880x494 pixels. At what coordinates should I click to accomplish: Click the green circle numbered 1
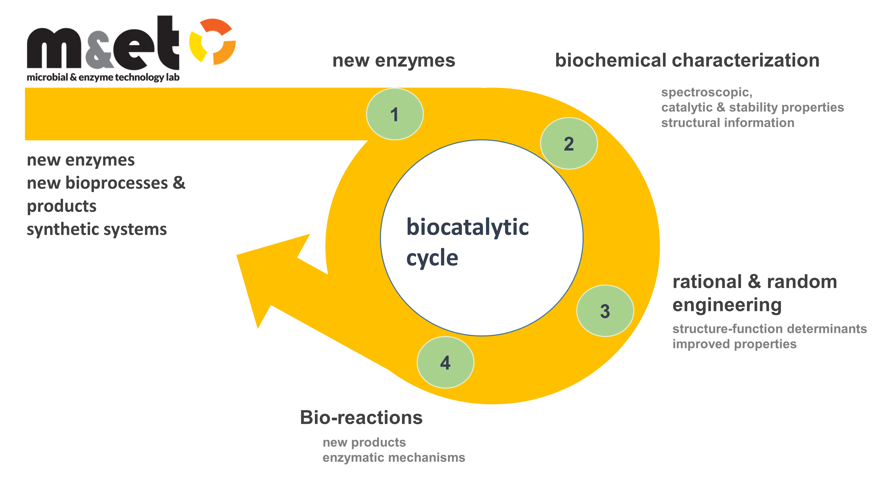coord(395,114)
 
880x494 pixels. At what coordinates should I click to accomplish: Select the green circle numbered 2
coord(569,143)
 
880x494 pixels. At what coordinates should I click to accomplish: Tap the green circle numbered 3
coord(605,311)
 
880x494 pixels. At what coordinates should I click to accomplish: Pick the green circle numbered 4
coord(445,362)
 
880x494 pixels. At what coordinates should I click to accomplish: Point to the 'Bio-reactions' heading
coord(361,417)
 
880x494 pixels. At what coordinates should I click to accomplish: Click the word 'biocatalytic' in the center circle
coord(467,227)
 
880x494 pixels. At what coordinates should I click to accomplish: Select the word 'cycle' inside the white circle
coord(432,258)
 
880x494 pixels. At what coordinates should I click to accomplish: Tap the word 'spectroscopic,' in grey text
coord(707,92)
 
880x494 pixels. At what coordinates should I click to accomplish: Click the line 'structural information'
coord(728,123)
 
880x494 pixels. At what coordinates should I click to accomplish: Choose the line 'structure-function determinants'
coord(769,329)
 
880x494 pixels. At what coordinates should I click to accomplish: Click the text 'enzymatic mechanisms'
coord(393,458)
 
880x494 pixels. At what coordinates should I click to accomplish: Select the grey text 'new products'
coord(364,442)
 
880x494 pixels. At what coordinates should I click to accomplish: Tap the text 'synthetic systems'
coord(97,229)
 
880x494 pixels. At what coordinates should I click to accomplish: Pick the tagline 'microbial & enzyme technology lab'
coord(103,77)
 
